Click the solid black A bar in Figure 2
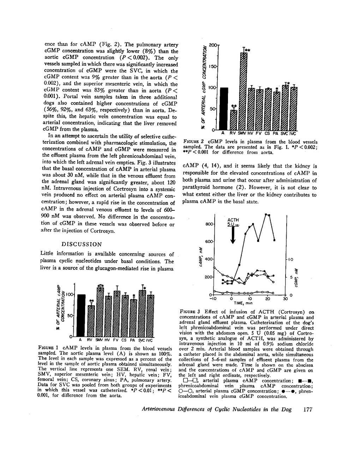pyautogui.click(x=223, y=108)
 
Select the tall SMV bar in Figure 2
pyautogui.click(x=244, y=91)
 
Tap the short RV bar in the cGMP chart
pyautogui.click(x=233, y=120)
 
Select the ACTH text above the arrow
pyautogui.click(x=233, y=220)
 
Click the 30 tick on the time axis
pyautogui.click(x=285, y=299)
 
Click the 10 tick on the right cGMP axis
pyautogui.click(x=290, y=259)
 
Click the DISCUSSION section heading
pyautogui.click(x=82, y=244)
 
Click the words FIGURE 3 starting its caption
pyautogui.click(x=190, y=312)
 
